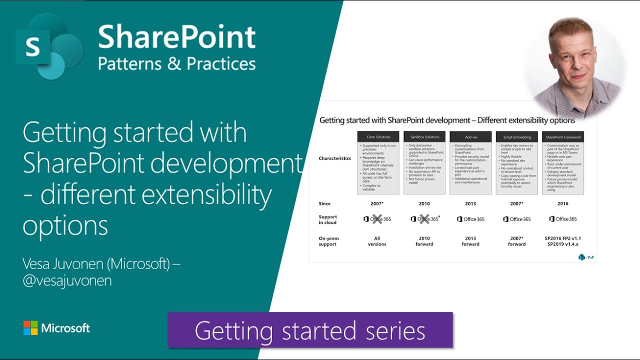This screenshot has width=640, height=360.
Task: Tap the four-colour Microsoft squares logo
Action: pos(30,328)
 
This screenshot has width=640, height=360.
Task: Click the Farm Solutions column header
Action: pos(378,137)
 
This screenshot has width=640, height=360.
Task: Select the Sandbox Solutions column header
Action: pos(424,137)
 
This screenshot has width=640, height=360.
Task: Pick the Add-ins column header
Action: pos(470,137)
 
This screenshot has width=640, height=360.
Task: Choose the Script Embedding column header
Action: pos(516,137)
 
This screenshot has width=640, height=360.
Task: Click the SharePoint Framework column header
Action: pos(562,137)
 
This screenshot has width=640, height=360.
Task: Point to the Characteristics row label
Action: pos(334,158)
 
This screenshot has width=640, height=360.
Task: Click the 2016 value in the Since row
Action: pos(562,203)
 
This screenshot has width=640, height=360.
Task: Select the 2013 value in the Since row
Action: pos(470,203)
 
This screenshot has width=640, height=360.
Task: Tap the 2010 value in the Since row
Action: pos(424,203)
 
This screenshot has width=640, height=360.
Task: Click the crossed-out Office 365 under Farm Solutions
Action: pos(377,219)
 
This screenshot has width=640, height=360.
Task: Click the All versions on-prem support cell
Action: pos(377,241)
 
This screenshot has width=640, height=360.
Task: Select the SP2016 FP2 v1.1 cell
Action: pos(562,238)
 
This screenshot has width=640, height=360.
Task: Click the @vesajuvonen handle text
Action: pos(67,281)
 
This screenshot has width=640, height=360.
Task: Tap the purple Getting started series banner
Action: pos(310,330)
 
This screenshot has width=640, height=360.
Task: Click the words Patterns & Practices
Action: pos(176,64)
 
